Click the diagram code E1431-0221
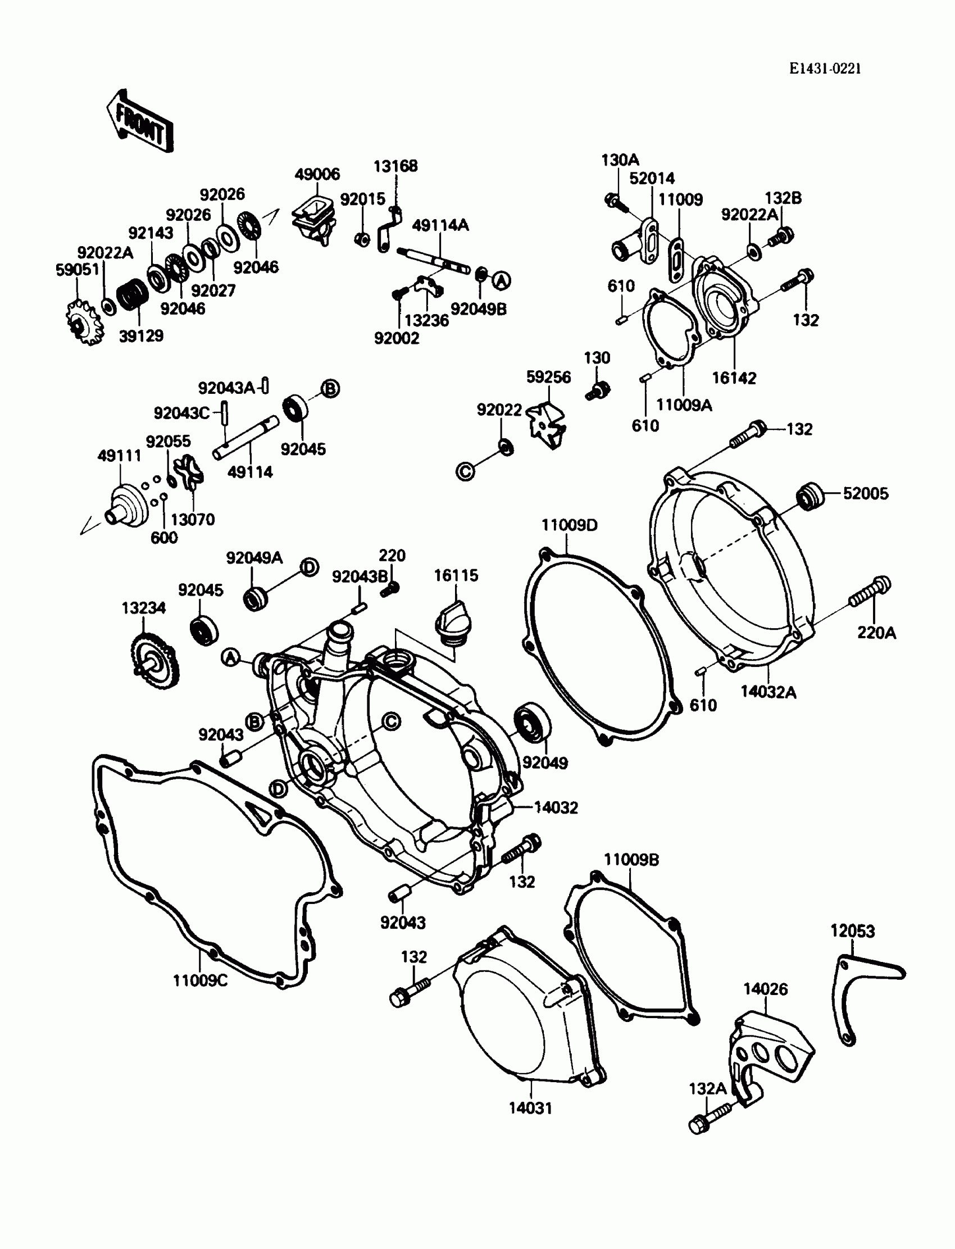coord(825,69)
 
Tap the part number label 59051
coord(78,270)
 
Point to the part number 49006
coord(317,174)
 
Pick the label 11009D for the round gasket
coord(569,525)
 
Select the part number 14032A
coord(768,692)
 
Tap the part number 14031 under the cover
coord(530,1107)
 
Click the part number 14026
coord(765,989)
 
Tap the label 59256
coord(548,377)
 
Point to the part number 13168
coord(395,166)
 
